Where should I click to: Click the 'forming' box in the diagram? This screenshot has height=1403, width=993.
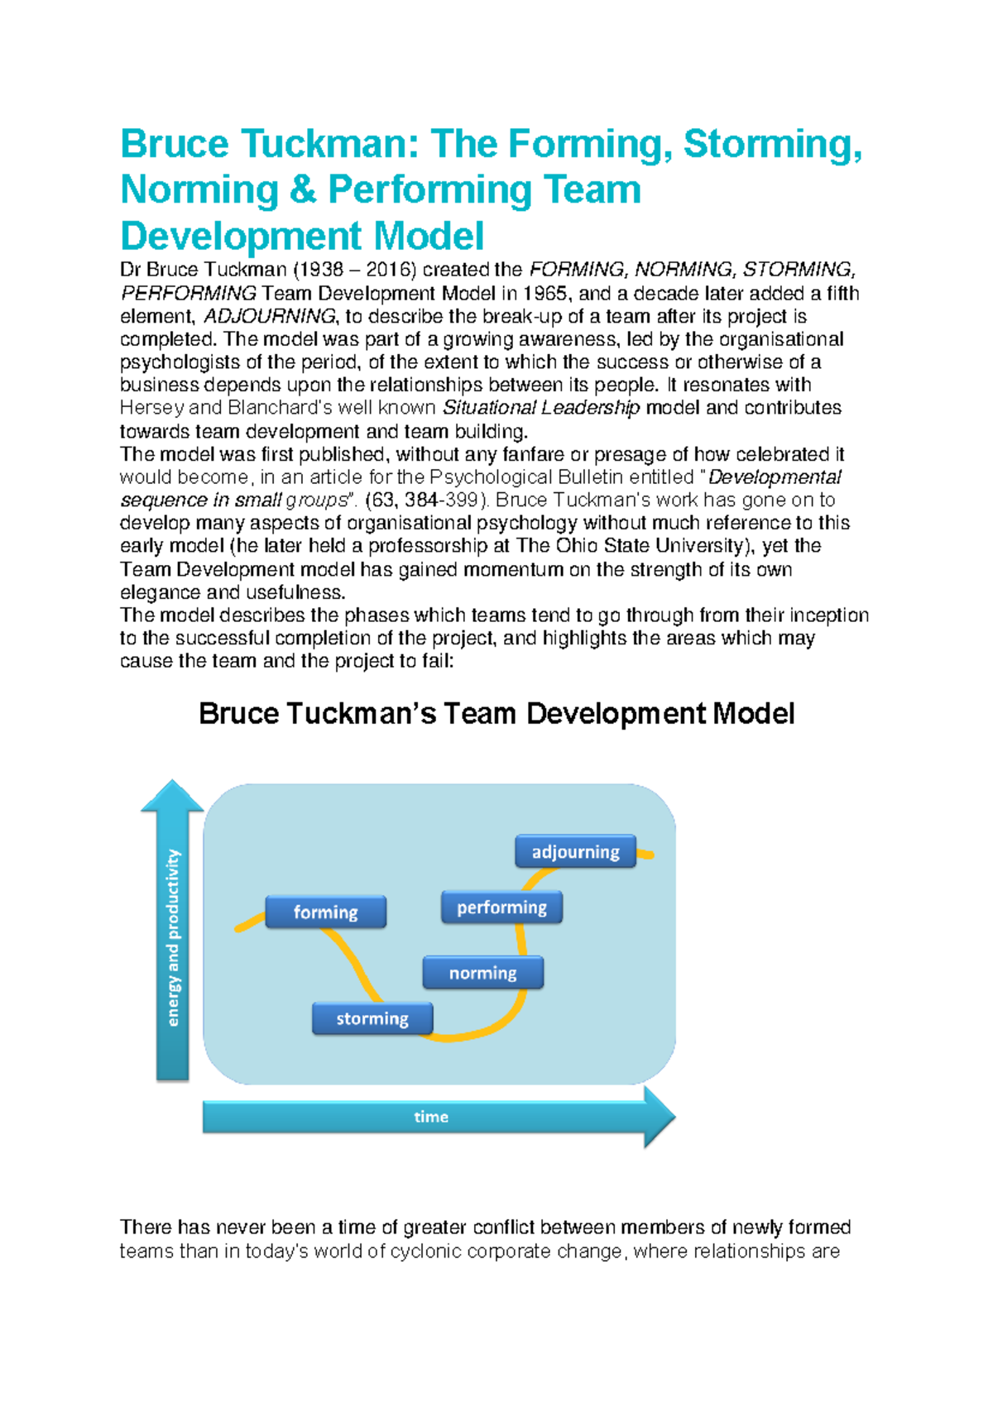click(x=325, y=912)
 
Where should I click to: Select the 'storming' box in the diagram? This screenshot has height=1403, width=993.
click(x=372, y=1018)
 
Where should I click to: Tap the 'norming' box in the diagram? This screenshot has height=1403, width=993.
click(x=482, y=973)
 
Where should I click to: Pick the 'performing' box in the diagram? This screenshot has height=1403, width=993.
click(x=501, y=907)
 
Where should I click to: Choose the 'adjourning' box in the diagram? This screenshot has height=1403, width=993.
click(x=575, y=851)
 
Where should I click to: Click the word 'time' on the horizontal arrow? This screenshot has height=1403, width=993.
click(x=431, y=1117)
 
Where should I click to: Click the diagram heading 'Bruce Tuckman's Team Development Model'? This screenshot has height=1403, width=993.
click(x=496, y=713)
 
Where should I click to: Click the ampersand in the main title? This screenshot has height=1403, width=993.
click(x=303, y=189)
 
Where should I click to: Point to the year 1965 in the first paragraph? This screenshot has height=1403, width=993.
click(x=545, y=294)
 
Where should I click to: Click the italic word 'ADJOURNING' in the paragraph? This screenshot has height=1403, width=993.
click(x=270, y=316)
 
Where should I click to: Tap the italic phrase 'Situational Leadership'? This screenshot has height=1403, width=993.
click(x=541, y=408)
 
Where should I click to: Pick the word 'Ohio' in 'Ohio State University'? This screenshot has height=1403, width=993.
click(x=576, y=546)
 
